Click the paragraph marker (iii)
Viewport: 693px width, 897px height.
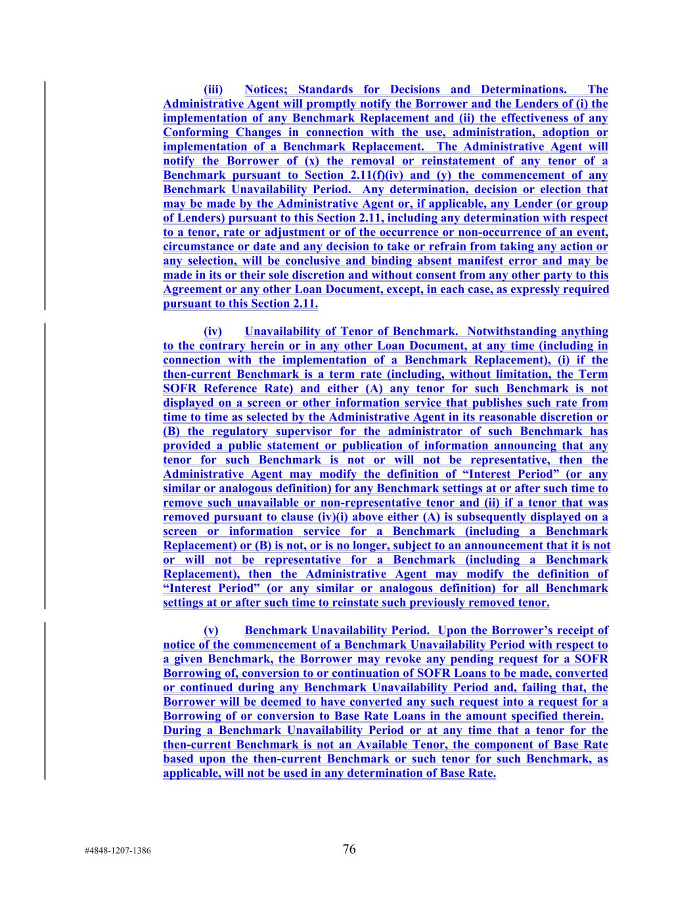[213, 89]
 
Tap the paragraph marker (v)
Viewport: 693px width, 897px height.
[212, 630]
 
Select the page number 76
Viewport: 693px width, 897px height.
[349, 849]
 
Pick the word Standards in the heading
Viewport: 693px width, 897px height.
[325, 89]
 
